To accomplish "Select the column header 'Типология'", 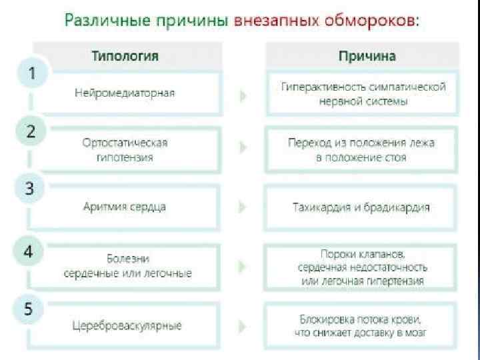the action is (125, 55).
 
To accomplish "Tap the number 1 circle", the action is (31, 73).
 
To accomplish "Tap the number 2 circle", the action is (31, 131).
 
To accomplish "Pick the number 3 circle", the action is (31, 189).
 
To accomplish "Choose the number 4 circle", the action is (31, 251).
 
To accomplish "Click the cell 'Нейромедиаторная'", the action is (125, 93).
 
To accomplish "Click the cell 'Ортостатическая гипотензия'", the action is (125, 150).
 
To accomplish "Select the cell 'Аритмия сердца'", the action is (125, 207).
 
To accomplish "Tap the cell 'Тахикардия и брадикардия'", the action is (362, 207).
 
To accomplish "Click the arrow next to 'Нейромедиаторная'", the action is (243, 95).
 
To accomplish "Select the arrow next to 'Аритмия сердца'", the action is (243, 207).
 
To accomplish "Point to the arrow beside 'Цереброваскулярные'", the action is (243, 326).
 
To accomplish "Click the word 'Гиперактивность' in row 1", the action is (321, 87).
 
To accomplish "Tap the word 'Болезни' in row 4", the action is (127, 258).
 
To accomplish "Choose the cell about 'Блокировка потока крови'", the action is (362, 326).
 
